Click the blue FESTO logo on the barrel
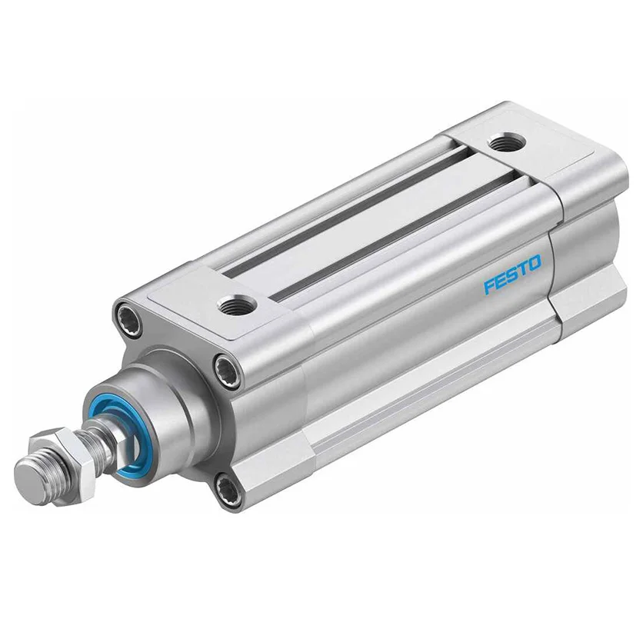click(512, 274)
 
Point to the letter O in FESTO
click(535, 263)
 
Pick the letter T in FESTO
click(523, 269)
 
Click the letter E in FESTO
click(501, 281)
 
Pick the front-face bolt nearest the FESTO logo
click(228, 367)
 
